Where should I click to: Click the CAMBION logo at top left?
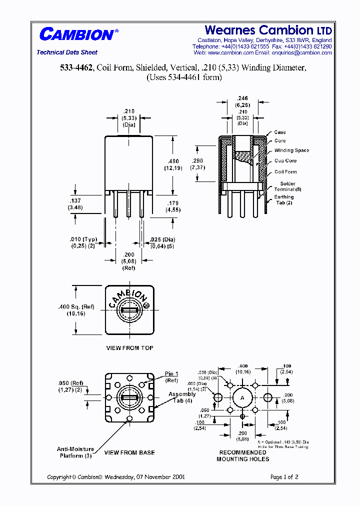[77, 34]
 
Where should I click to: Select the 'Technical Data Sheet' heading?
[67, 52]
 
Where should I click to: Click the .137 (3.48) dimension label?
[75, 204]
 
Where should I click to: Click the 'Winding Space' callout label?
[291, 150]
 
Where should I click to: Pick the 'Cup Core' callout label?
[285, 161]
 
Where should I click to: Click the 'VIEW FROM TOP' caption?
[129, 348]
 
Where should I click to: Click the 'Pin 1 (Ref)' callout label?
[171, 377]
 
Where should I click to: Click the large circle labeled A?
[242, 397]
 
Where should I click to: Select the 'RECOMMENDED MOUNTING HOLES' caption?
[242, 455]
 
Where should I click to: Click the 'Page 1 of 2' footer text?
[284, 477]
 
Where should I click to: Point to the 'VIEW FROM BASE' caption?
[129, 452]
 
